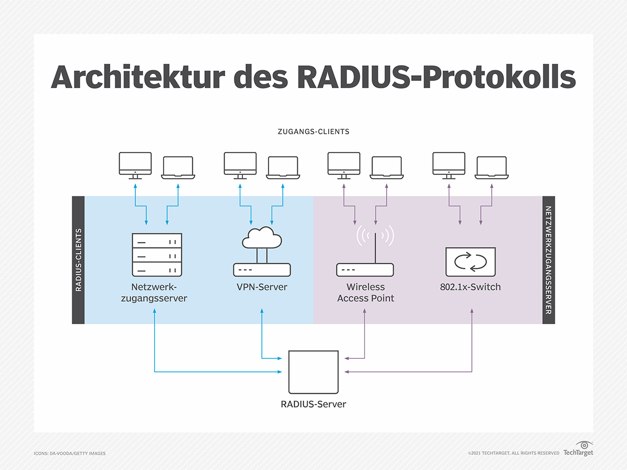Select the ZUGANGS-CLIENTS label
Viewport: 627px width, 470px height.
313,132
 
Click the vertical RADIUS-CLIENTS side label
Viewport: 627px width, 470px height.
78,260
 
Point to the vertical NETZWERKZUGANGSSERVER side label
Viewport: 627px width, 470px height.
548,260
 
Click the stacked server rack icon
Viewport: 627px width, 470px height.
157,255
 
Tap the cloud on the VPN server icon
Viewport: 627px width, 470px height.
262,239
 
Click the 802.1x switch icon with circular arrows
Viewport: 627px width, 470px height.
470,262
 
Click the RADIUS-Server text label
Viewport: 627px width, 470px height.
313,404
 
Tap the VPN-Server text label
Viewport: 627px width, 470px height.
262,287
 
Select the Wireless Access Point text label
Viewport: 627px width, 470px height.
365,293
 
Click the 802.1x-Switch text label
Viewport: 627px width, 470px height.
470,287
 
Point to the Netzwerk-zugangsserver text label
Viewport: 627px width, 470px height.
159,293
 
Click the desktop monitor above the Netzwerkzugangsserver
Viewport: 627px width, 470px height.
135,165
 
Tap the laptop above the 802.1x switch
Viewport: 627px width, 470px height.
491,168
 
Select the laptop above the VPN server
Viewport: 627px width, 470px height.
283,168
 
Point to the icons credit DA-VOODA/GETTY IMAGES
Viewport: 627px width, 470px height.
69,453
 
